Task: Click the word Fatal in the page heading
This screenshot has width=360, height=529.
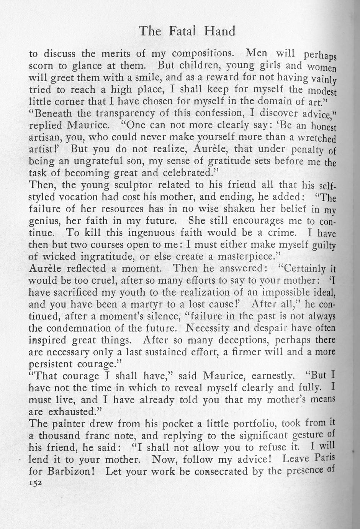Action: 182,31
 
